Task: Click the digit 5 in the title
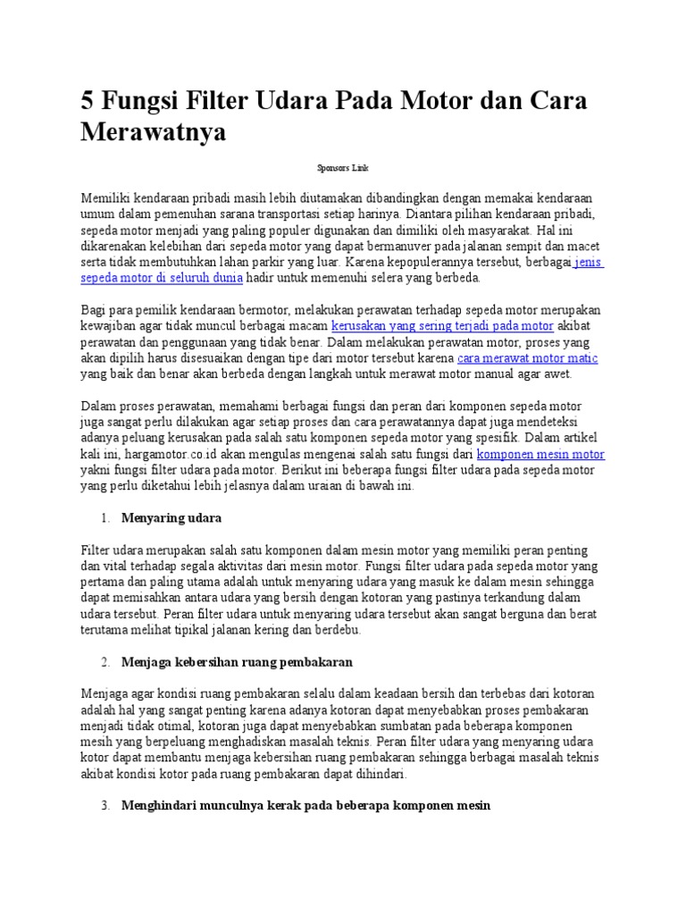pos(88,99)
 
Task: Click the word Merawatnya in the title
pos(154,131)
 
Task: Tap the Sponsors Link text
pos(343,167)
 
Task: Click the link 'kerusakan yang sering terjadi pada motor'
pos(442,325)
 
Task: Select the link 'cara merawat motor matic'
pos(527,357)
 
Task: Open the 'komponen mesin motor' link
pos(541,454)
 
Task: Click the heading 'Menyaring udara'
pos(171,517)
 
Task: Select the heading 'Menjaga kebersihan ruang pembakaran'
pos(237,661)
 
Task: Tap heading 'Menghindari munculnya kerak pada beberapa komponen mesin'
pos(305,805)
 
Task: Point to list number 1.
pos(105,518)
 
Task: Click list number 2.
pos(105,662)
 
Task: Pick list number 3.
pos(105,805)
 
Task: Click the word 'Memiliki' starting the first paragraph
pos(104,197)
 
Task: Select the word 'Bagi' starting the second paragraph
pos(93,309)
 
